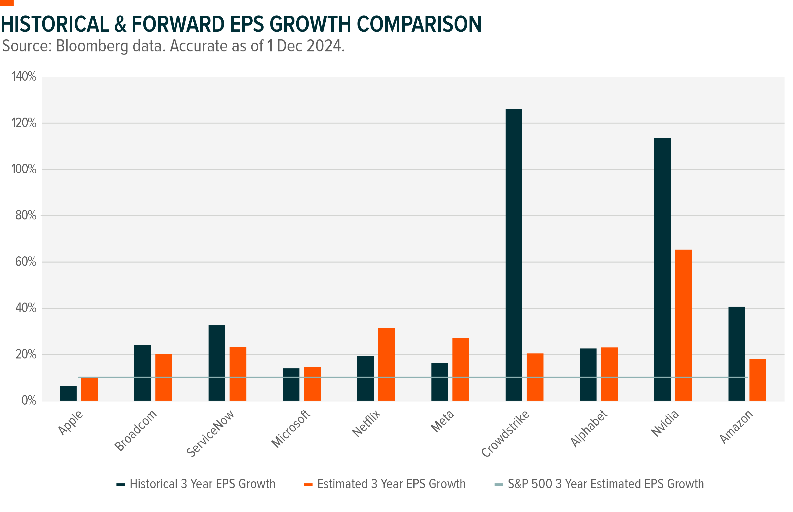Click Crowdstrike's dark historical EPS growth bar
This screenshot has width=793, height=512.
pos(514,254)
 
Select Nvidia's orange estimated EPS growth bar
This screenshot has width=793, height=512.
pos(683,325)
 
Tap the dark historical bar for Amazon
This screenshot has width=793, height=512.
pos(737,353)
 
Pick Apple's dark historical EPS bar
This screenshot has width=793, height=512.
pos(68,393)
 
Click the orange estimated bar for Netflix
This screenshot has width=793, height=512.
pos(386,364)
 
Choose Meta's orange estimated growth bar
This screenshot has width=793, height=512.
pos(460,369)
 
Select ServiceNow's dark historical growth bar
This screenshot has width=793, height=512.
pos(217,363)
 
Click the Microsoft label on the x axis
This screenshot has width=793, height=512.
pos(291,429)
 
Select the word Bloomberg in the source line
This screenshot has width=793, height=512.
pos(92,46)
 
